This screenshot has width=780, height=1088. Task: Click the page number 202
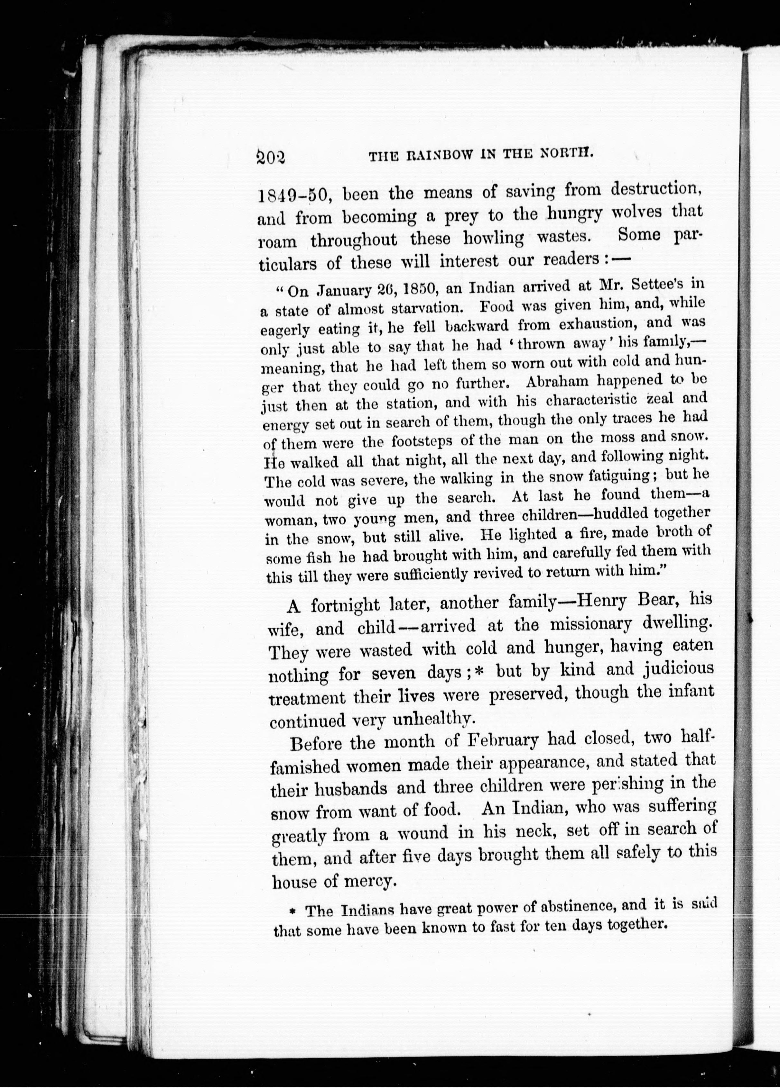pyautogui.click(x=271, y=157)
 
